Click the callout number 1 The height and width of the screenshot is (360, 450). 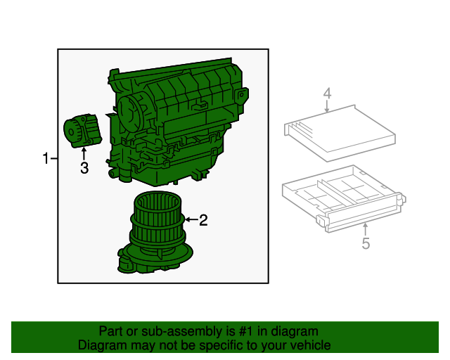point(46,159)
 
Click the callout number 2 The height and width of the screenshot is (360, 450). point(203,221)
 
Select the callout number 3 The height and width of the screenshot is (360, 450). point(84,168)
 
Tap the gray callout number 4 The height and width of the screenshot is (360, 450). point(327,94)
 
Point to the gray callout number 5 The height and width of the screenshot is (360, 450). point(366,244)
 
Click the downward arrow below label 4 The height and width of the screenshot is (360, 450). point(327,106)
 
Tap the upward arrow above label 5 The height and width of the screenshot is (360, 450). point(366,229)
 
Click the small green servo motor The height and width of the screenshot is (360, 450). point(82,131)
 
